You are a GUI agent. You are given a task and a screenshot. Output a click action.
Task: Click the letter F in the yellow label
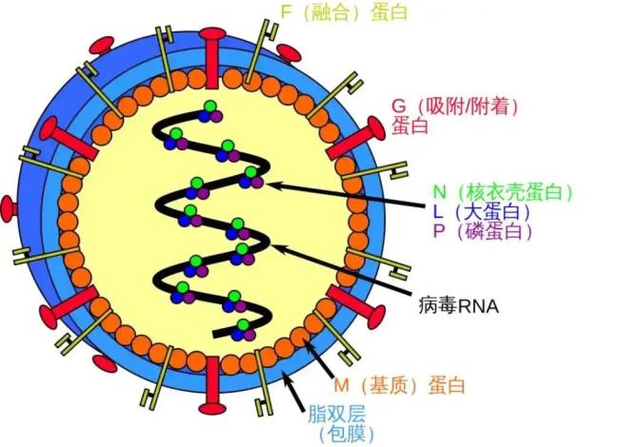tap(284, 12)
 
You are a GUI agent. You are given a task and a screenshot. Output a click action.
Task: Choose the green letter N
tap(440, 189)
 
